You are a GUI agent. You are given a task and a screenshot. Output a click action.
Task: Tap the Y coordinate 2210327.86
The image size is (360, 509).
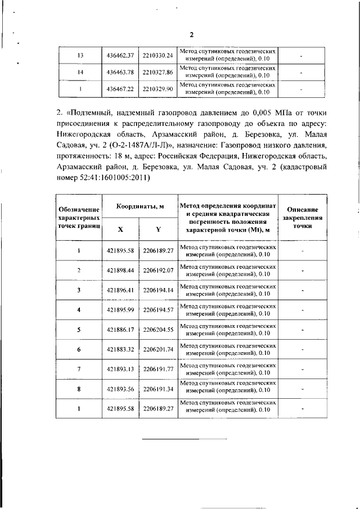pyautogui.click(x=157, y=72)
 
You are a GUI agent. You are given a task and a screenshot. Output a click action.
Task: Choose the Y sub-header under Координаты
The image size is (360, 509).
pyautogui.click(x=158, y=229)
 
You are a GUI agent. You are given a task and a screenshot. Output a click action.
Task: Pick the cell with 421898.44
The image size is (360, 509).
pyautogui.click(x=120, y=271)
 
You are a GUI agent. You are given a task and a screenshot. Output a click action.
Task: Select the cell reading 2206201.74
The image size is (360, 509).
pyautogui.click(x=158, y=349)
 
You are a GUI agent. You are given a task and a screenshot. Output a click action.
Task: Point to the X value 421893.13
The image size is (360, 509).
pyautogui.click(x=120, y=369)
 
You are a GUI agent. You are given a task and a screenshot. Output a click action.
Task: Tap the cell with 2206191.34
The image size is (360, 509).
pyautogui.click(x=158, y=389)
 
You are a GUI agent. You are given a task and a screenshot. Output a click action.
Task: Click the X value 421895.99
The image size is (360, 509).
pyautogui.click(x=120, y=310)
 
